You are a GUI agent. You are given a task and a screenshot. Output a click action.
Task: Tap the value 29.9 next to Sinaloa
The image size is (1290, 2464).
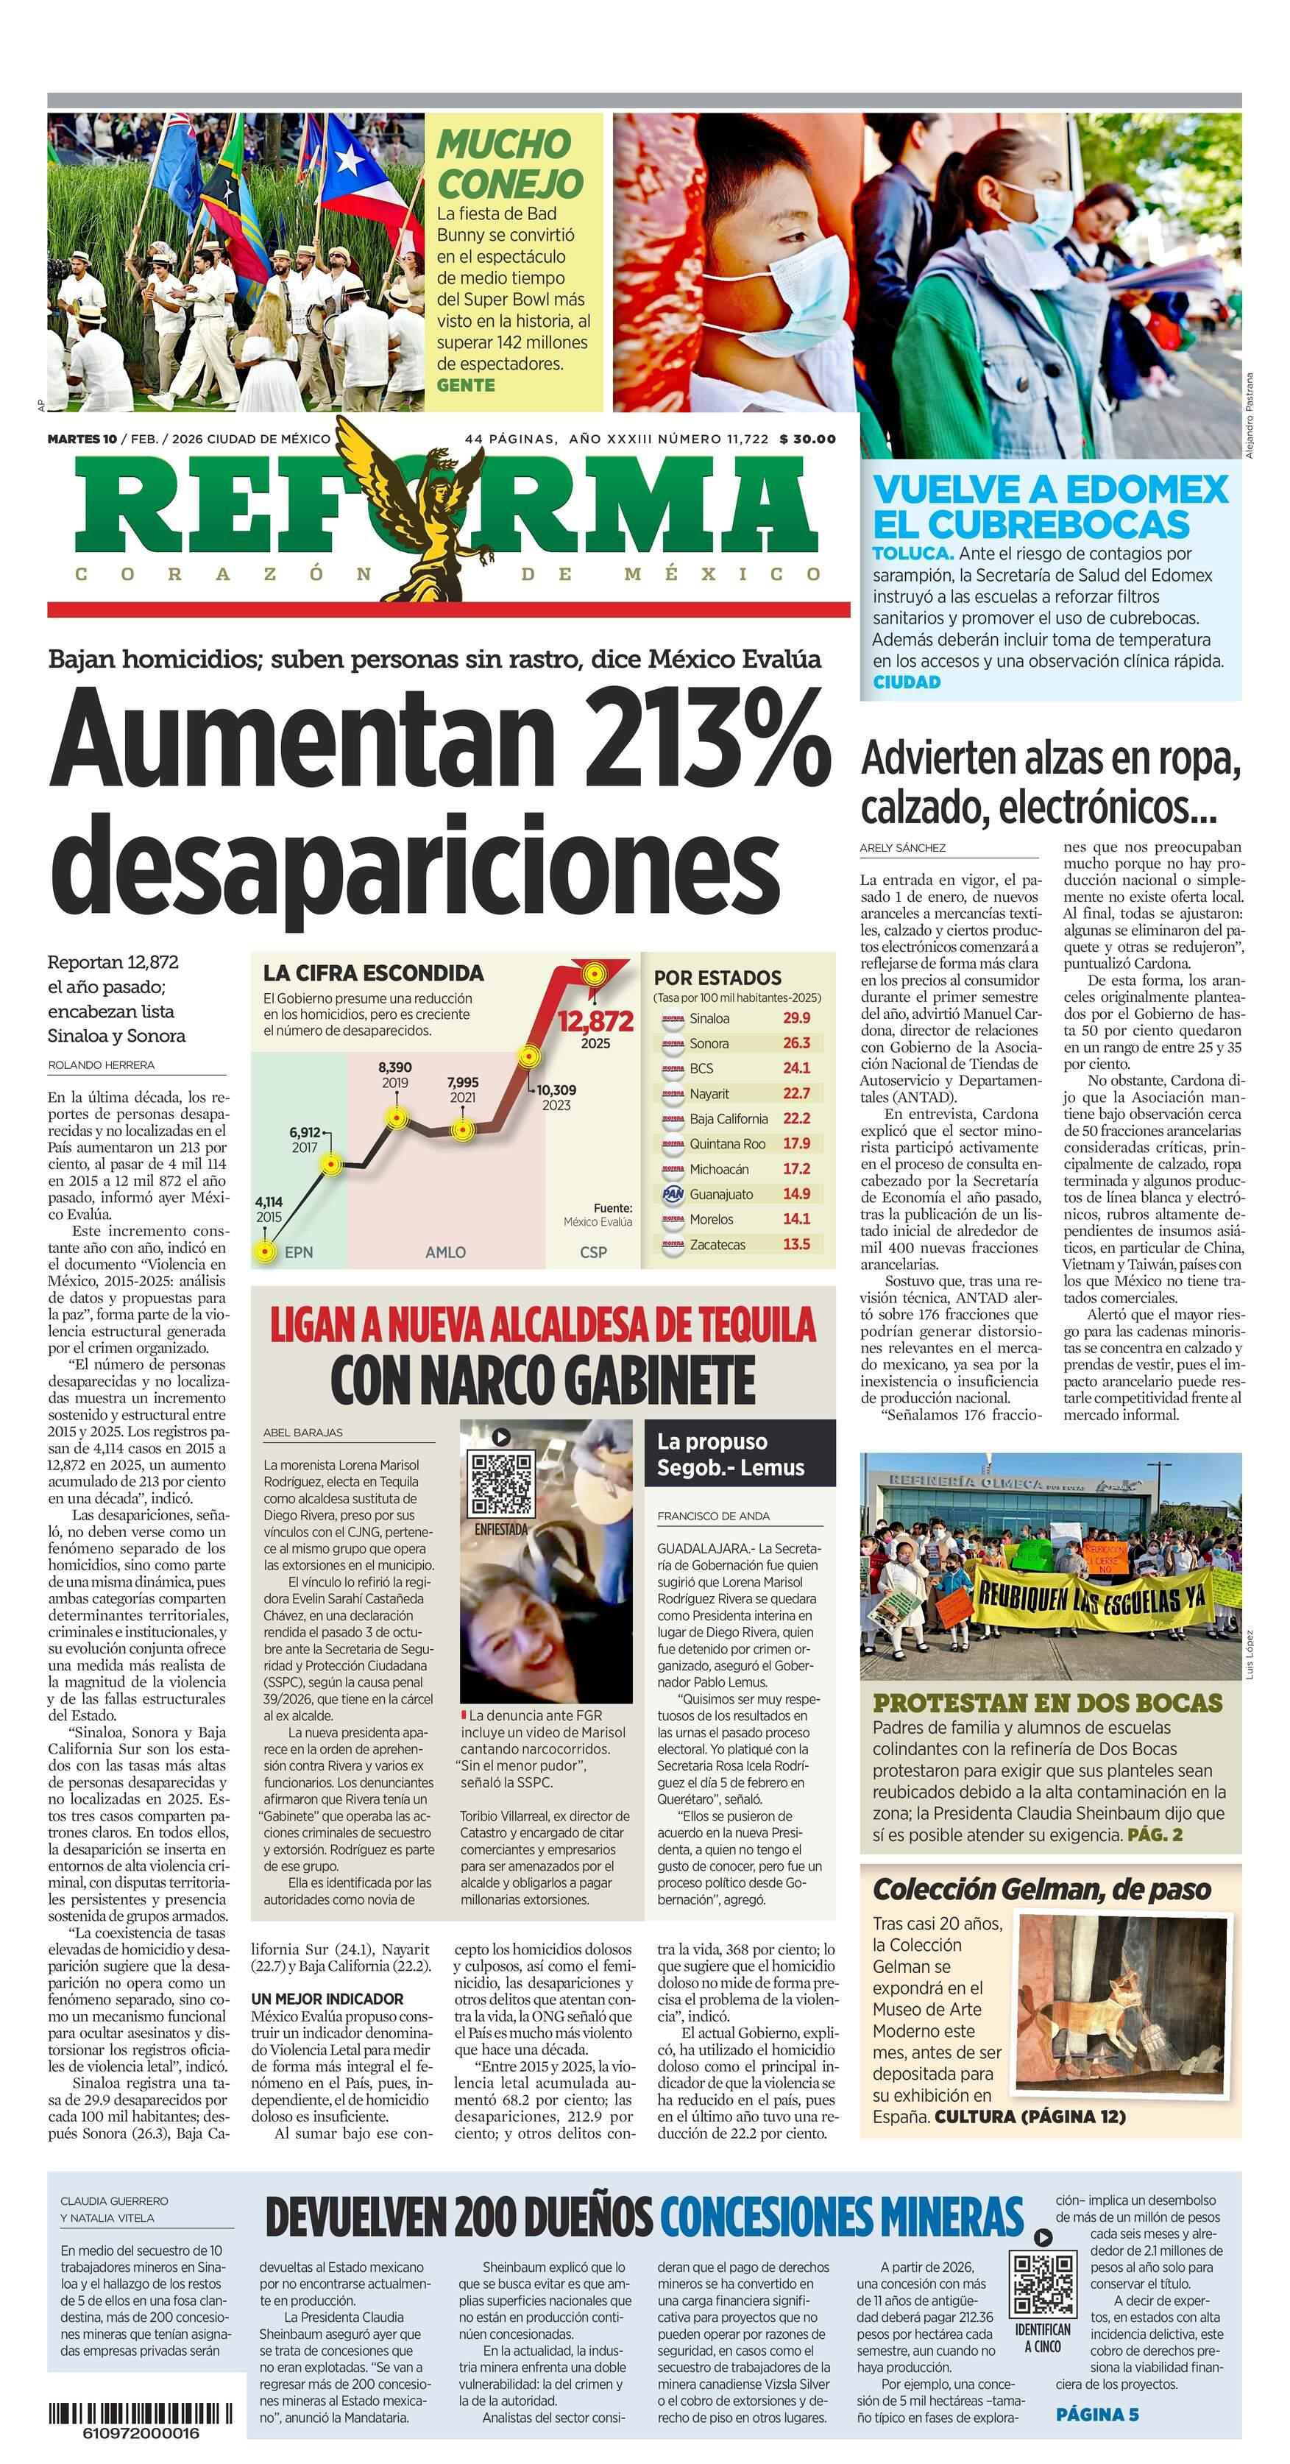795,1017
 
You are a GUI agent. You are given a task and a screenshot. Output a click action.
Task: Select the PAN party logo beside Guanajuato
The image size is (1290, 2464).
673,1194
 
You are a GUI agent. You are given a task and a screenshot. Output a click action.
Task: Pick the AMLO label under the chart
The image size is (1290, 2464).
446,1252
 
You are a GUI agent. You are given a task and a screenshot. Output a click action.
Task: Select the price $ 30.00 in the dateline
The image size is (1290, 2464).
807,439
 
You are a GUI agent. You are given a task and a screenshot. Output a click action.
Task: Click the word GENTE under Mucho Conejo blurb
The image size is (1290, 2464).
466,386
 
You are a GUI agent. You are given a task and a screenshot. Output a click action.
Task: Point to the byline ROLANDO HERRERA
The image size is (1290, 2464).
102,1065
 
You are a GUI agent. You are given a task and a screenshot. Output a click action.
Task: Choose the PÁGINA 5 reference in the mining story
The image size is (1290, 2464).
1097,2414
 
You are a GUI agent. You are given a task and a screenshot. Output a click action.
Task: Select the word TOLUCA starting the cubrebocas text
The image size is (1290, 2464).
912,554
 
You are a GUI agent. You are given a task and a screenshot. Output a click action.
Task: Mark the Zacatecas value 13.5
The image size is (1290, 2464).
795,1244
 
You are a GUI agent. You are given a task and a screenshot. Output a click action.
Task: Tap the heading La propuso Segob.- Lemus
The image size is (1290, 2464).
731,1454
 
